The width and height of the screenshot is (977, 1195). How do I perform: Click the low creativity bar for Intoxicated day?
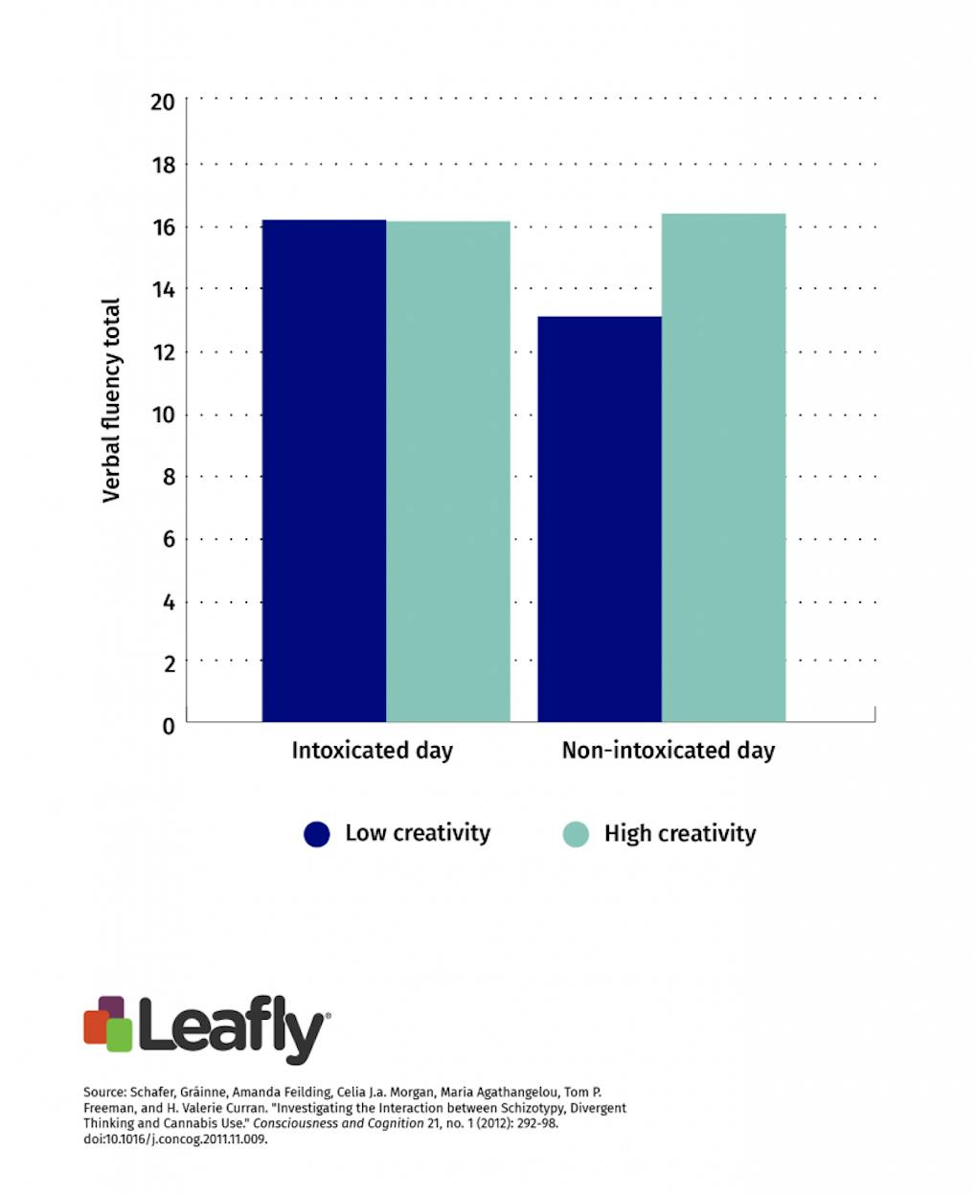pyautogui.click(x=324, y=469)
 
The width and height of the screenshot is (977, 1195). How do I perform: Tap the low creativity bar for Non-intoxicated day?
pyautogui.click(x=600, y=518)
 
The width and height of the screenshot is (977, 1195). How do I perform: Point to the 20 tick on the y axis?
pyautogui.click(x=163, y=102)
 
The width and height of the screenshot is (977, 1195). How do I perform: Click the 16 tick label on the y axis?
pyautogui.click(x=163, y=227)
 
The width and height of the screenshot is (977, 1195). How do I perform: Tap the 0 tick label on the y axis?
pyautogui.click(x=169, y=726)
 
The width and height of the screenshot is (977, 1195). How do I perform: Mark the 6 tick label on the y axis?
pyautogui.click(x=169, y=539)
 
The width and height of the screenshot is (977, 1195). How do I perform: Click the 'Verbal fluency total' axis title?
pyautogui.click(x=112, y=400)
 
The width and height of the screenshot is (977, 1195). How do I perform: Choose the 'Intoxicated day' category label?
pyautogui.click(x=372, y=750)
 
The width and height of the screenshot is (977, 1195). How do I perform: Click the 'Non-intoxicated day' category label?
pyautogui.click(x=668, y=750)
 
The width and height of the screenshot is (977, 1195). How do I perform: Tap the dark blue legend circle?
pyautogui.click(x=317, y=834)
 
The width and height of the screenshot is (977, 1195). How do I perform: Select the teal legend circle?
pyautogui.click(x=575, y=834)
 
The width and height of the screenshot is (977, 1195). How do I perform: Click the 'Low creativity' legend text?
pyautogui.click(x=418, y=833)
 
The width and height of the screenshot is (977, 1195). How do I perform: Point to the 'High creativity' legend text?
pyautogui.click(x=680, y=834)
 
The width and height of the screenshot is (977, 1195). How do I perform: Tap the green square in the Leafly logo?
pyautogui.click(x=119, y=1035)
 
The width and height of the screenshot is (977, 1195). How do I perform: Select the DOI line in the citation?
pyautogui.click(x=175, y=1139)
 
